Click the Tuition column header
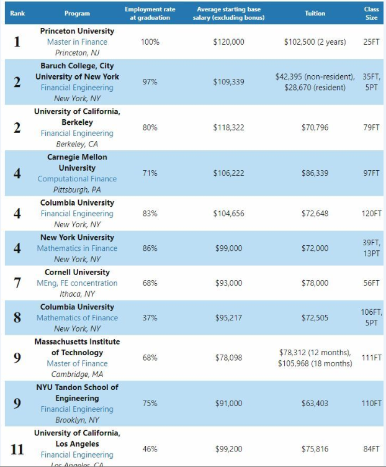315,14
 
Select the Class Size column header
372,14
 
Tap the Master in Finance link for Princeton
77,42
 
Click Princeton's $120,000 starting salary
228,42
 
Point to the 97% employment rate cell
150,82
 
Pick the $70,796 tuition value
315,127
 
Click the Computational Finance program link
77,179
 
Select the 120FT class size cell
372,214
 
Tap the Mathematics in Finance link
77,248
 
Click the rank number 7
17,283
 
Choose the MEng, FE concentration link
77,283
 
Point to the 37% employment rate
150,318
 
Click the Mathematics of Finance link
77,318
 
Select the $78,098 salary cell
228,358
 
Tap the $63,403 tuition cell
315,403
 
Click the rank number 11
17,449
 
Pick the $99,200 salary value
228,449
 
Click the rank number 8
17,318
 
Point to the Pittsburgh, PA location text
77,190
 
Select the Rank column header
17,14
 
